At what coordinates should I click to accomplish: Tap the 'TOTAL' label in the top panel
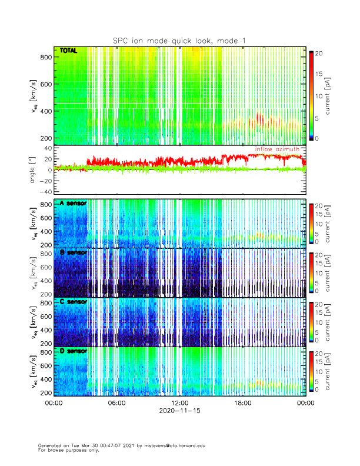(68, 52)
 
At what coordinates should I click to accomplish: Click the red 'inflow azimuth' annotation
(276, 149)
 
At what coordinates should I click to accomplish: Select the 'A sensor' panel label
(73, 203)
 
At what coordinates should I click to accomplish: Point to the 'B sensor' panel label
(73, 252)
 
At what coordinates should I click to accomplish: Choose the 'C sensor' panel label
(73, 302)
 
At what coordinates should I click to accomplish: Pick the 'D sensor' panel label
(73, 351)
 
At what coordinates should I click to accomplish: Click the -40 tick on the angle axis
(42, 192)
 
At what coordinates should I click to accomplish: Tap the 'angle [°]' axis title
(34, 171)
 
